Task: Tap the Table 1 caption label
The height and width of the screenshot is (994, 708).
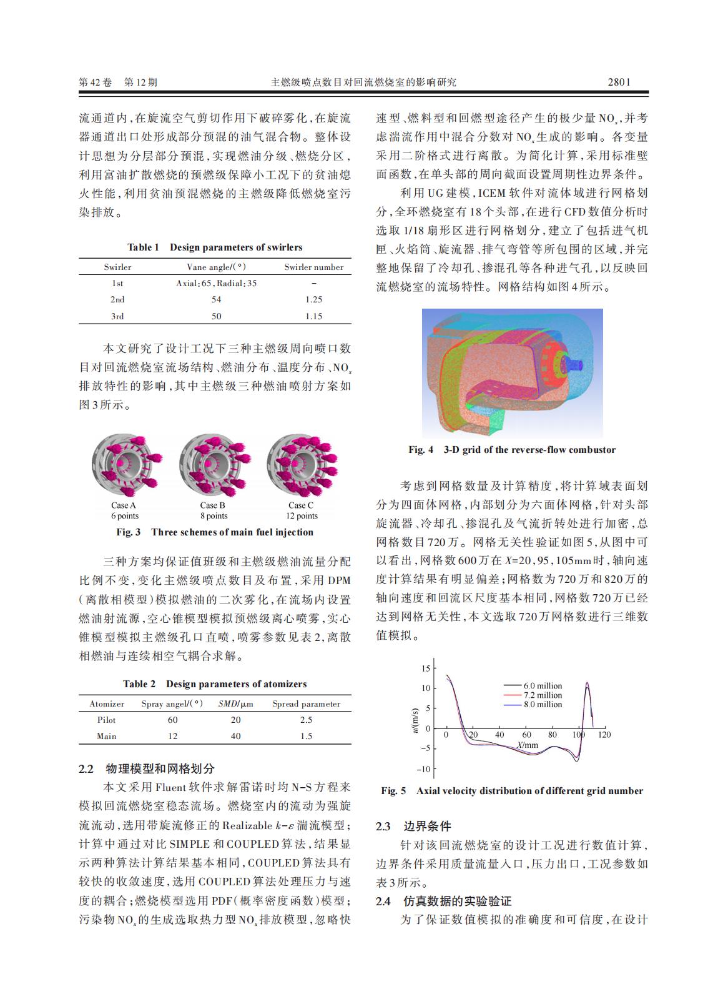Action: click(143, 247)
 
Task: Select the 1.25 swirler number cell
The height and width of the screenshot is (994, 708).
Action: click(313, 300)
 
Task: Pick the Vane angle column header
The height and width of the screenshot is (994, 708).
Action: click(215, 267)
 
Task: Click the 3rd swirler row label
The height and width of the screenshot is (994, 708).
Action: click(117, 316)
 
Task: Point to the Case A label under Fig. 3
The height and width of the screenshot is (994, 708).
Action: click(124, 505)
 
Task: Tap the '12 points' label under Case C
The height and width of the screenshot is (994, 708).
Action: click(302, 516)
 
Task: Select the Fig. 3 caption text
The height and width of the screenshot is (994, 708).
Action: click(215, 532)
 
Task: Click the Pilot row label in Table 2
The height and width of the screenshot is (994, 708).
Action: click(107, 720)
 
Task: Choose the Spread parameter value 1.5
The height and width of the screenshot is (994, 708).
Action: click(306, 736)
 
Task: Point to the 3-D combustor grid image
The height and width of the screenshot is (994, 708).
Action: click(512, 373)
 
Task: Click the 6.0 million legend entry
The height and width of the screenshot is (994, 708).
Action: click(543, 686)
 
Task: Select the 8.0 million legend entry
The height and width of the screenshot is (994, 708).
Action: click(543, 704)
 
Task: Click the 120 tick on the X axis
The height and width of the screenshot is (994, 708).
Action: click(604, 735)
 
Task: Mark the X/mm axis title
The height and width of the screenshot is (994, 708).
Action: click(528, 745)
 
